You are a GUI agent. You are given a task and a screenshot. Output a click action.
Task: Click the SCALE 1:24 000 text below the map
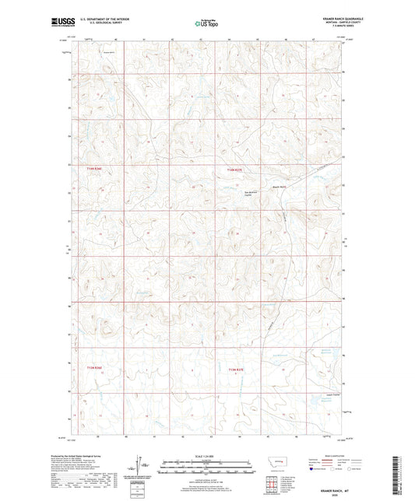(206, 455)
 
